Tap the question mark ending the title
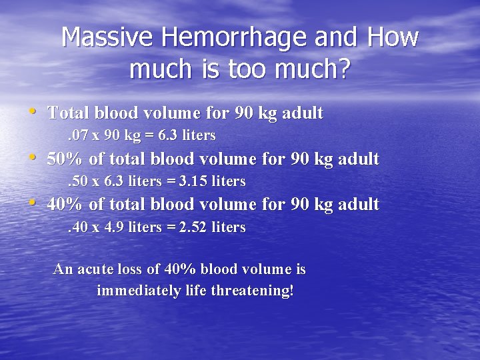tap(344, 69)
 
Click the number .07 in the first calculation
tap(79, 135)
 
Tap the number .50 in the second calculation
tap(79, 181)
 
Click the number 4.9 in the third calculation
tap(116, 227)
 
